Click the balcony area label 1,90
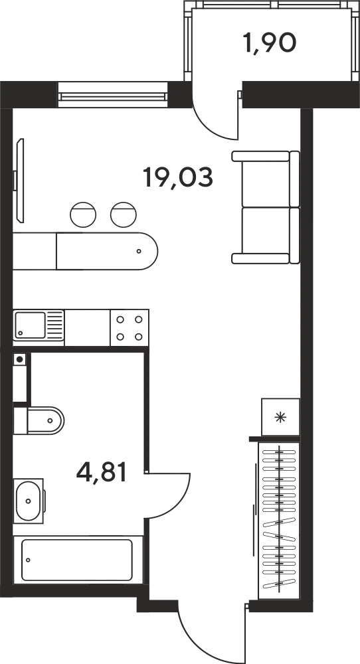point(270,43)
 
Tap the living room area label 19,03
point(177,177)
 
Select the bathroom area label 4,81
point(102,472)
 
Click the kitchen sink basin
point(30,325)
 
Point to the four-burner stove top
point(129,328)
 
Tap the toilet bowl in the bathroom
point(45,420)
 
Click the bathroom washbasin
point(29,501)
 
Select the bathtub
point(77,560)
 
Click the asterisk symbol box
point(280,417)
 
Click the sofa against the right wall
point(266,207)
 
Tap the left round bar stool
point(83,214)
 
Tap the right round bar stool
point(124,214)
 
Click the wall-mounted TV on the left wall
point(19,180)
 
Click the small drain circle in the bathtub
point(28,560)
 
